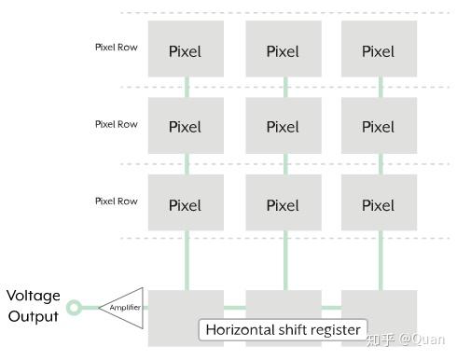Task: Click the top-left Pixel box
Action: coord(186,49)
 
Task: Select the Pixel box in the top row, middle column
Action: coord(284,49)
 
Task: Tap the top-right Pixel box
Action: coord(379,49)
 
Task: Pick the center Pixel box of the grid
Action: coord(284,126)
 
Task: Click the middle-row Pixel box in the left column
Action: coord(186,126)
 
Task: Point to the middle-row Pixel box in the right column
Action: coord(379,126)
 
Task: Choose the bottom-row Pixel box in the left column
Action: coord(186,204)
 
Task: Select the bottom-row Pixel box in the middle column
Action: coord(284,204)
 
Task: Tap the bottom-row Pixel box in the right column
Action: coord(379,204)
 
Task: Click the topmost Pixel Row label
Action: coord(116,46)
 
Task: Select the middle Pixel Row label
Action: coord(116,123)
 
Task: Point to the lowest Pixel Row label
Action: coord(116,201)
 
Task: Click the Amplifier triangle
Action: coord(124,306)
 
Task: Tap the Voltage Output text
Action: coord(34,306)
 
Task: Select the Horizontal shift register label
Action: coord(283,329)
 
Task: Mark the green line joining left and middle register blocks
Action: coord(235,306)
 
